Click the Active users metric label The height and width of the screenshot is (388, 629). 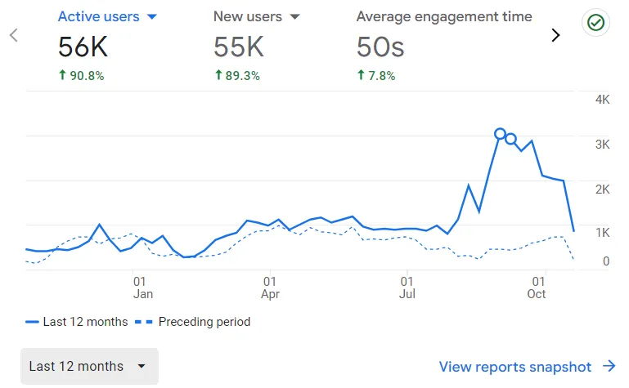[x=98, y=16]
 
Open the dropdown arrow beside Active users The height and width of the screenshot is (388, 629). [x=151, y=16]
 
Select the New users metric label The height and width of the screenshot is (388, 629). [x=247, y=16]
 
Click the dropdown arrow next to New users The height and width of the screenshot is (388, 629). [x=295, y=16]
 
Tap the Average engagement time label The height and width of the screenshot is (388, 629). [x=444, y=16]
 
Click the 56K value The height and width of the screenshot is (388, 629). [x=83, y=47]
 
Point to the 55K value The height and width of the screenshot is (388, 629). [x=239, y=47]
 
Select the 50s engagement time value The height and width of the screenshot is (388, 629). [x=380, y=47]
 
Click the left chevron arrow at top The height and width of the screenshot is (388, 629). [x=14, y=35]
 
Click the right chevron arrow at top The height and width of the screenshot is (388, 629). [x=556, y=35]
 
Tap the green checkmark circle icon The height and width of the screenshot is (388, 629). [x=595, y=24]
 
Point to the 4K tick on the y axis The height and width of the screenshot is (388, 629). [x=602, y=100]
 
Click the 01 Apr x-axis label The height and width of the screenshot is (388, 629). [x=270, y=287]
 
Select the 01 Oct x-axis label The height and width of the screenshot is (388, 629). [x=537, y=287]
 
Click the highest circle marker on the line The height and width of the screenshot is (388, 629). [x=500, y=133]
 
